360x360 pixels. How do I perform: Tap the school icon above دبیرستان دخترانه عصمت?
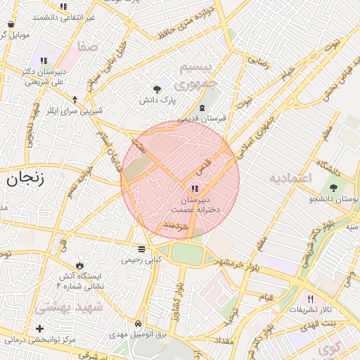tap(195, 188)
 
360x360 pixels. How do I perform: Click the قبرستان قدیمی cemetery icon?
tap(202, 108)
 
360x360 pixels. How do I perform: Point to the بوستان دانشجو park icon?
tap(333, 188)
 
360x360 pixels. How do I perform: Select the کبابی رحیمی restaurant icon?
tap(142, 249)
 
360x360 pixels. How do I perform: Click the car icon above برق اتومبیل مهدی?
tap(139, 324)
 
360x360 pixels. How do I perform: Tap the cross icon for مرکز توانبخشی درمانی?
tap(39, 328)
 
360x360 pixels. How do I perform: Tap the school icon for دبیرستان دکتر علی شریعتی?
tap(44, 60)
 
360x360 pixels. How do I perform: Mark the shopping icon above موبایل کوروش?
tap(11, 23)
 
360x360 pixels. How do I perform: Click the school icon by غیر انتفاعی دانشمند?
tap(63, 6)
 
